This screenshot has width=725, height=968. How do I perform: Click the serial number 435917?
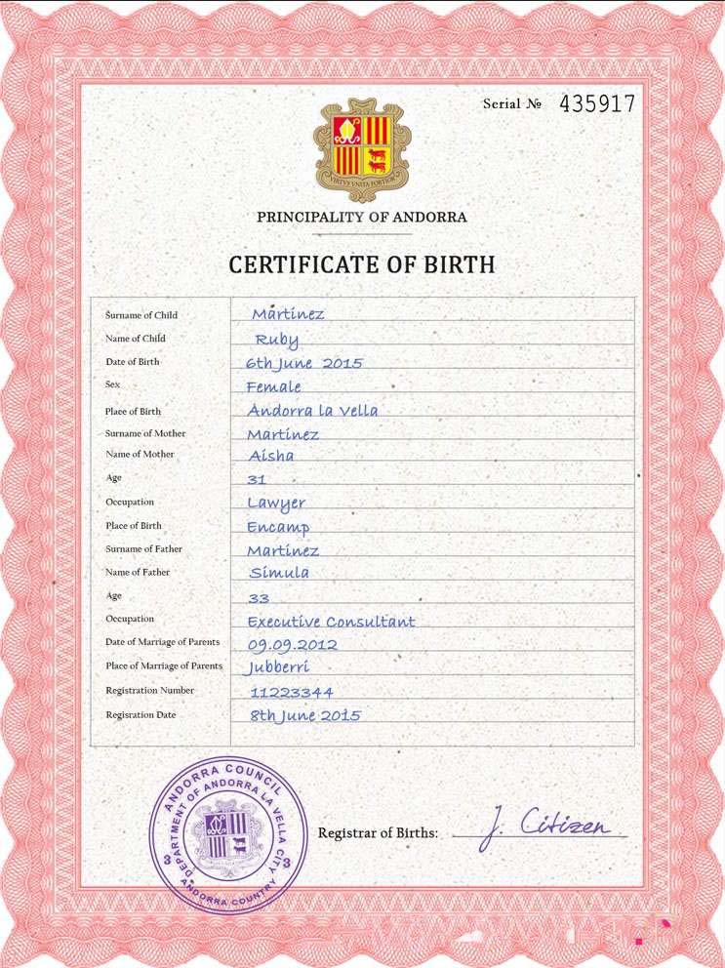point(596,103)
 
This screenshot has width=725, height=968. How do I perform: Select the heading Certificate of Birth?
point(362,263)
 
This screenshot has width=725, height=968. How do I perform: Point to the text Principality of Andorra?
point(362,217)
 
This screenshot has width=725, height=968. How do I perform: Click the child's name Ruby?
point(277,340)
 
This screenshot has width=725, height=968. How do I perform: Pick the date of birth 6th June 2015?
point(304,363)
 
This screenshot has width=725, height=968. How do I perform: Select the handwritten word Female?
point(274,386)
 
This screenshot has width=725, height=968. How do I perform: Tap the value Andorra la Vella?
point(312,411)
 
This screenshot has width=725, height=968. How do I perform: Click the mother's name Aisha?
point(270,456)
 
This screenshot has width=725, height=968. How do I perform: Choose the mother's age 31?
point(257,480)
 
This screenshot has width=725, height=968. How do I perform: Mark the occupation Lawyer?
point(276,504)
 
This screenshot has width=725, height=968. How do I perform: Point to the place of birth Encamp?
point(278,527)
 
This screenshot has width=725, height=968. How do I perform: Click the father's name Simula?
point(279,573)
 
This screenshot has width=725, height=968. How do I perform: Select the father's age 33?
point(259,597)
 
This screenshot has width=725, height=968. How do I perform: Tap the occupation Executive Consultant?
point(331,622)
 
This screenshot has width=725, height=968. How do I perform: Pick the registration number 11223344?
point(292,692)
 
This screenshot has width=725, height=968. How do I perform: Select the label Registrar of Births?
point(378,833)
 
